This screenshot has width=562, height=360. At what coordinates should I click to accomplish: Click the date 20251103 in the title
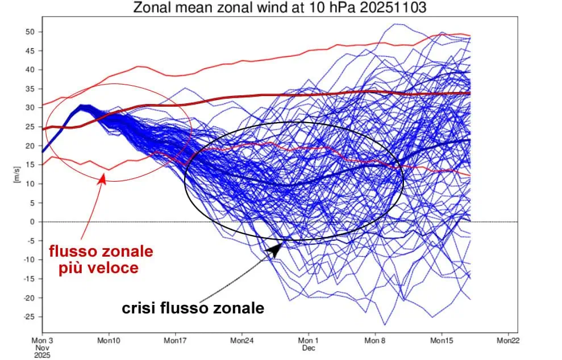point(393,7)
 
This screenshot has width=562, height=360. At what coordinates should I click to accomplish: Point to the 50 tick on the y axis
point(30,32)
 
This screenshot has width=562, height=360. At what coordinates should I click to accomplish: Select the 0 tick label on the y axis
point(32,221)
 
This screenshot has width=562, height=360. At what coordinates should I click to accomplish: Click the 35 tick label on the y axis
point(30,89)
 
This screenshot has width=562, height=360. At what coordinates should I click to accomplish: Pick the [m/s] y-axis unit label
point(17,174)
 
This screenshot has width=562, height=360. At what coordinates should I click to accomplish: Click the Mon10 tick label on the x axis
point(109,341)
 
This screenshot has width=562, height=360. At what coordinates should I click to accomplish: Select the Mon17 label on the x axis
point(175,341)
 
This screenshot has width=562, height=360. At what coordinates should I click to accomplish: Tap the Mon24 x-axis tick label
point(242,341)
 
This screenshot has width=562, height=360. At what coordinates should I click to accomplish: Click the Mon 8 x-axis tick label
point(375,341)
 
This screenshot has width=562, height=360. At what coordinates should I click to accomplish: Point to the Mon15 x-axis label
point(442,341)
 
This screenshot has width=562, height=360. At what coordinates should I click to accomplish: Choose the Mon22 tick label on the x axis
point(508,341)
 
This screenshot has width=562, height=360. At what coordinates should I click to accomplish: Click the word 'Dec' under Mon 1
point(309,348)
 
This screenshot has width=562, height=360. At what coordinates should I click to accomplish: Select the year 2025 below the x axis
point(42,355)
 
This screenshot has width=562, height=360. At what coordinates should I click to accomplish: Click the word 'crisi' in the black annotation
point(138,308)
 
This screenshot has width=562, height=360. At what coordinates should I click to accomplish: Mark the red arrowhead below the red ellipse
point(102,178)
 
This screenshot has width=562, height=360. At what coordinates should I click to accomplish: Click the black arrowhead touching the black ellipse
point(276,249)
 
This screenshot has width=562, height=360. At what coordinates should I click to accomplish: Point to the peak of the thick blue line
point(82,106)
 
